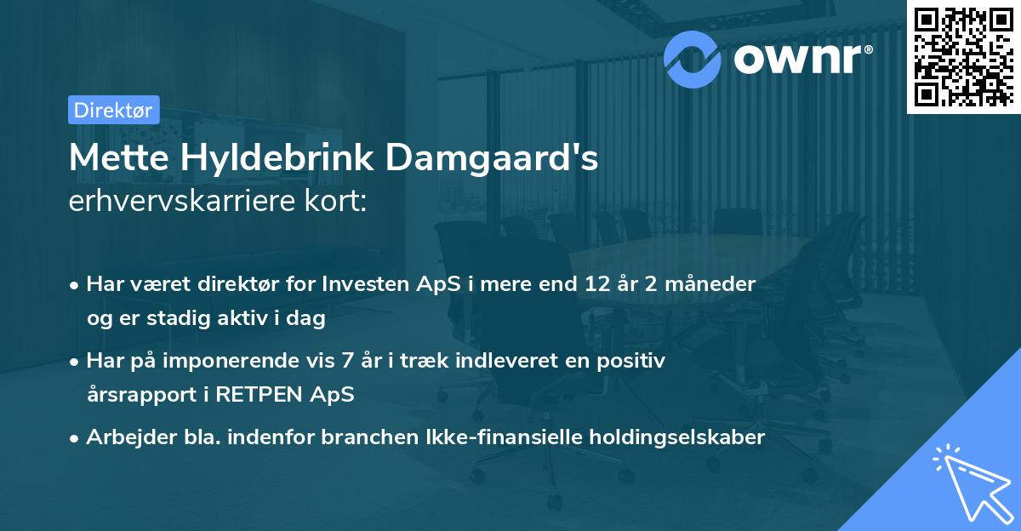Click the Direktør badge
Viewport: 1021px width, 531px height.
112,110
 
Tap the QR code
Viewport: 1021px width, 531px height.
963,56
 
